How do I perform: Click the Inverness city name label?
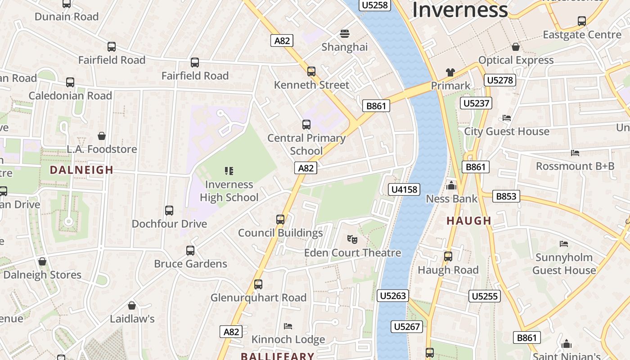[x=460, y=10]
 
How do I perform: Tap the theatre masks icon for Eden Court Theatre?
[x=352, y=239]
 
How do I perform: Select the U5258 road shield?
[x=374, y=5]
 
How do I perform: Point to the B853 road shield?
[x=506, y=196]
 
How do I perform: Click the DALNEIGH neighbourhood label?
[x=81, y=170]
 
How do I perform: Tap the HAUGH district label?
[x=469, y=221]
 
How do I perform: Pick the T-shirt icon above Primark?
[x=450, y=72]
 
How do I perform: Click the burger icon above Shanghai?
[x=345, y=33]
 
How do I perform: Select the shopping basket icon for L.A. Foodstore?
[x=102, y=136]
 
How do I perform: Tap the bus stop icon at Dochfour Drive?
[x=169, y=210]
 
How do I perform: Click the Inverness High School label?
[x=229, y=191]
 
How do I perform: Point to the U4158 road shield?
[x=404, y=189]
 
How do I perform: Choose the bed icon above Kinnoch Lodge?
[x=288, y=326]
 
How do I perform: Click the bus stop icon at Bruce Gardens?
[x=190, y=250]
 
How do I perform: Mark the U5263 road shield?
[x=393, y=296]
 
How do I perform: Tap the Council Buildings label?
[x=280, y=233]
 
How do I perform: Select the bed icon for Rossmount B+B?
[x=575, y=153]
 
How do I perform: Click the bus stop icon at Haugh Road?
[x=448, y=256]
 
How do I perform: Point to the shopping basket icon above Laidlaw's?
[x=132, y=306]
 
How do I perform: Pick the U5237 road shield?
[x=476, y=103]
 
